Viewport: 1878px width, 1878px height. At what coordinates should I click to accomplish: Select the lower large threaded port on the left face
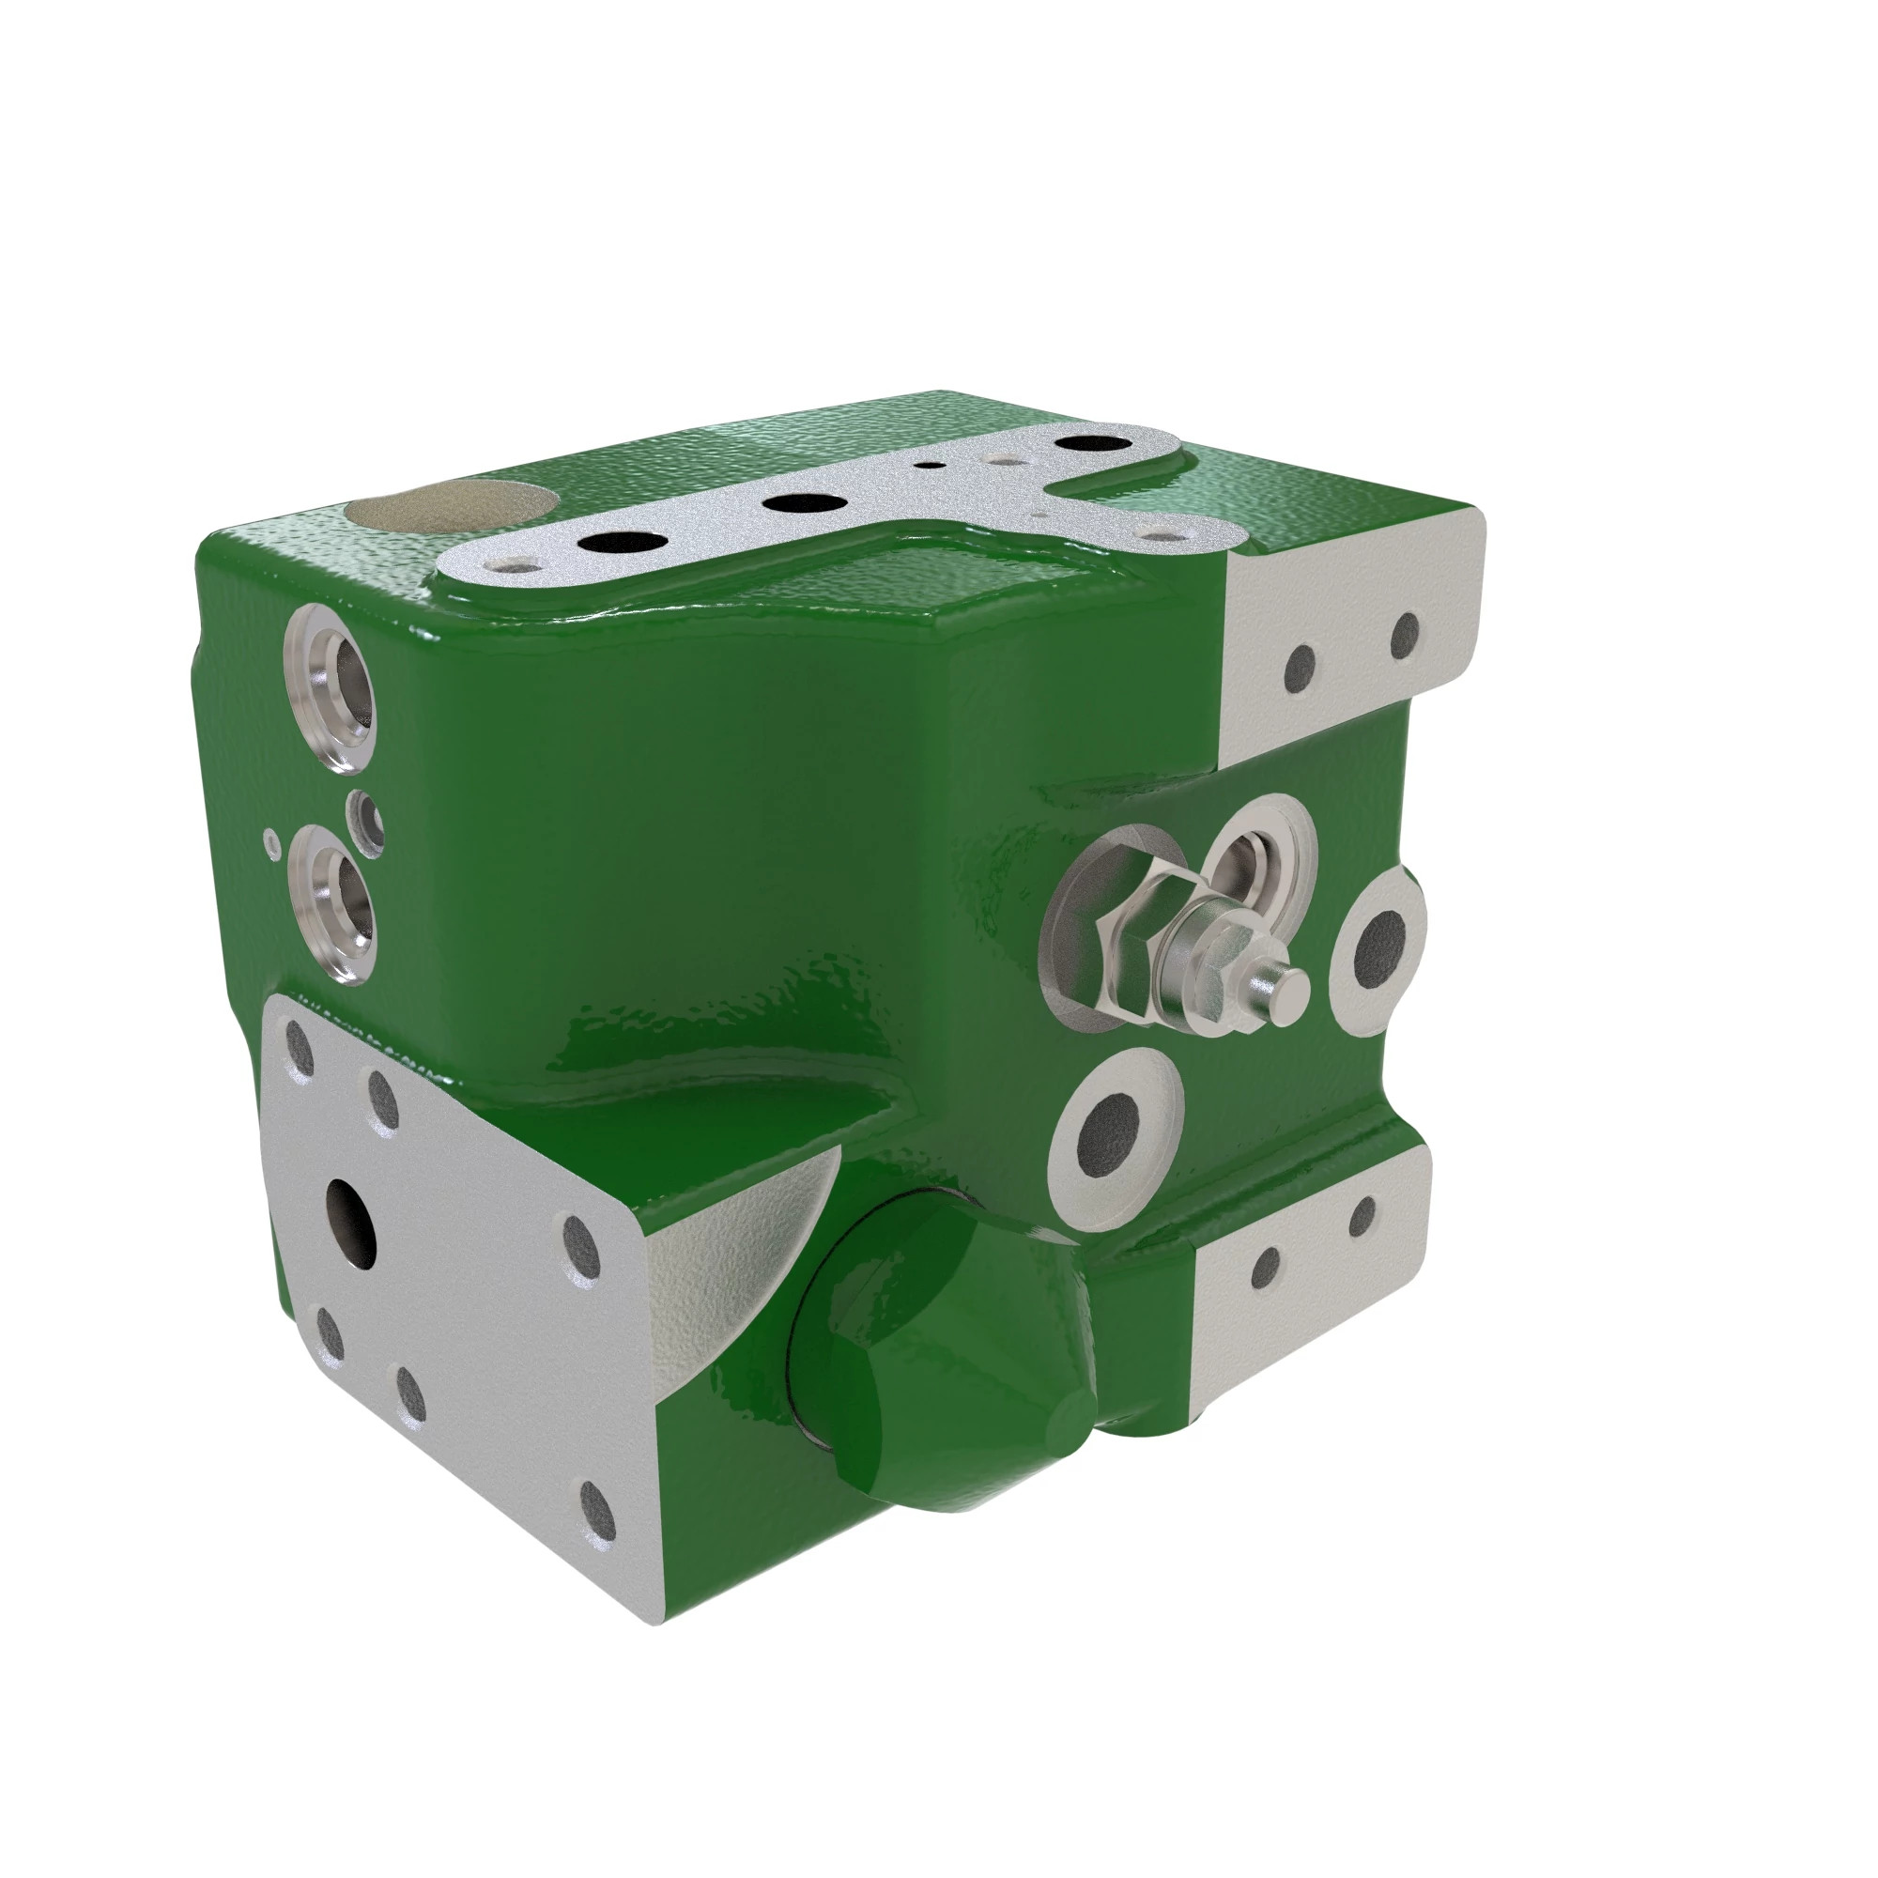point(335,902)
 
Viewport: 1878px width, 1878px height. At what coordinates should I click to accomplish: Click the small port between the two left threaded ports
point(367,822)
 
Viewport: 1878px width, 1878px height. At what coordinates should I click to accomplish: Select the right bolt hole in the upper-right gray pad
point(1405,635)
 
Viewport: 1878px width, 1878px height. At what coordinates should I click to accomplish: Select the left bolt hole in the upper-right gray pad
point(1300,666)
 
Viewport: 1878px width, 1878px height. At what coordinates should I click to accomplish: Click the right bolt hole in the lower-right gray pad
point(1362,1213)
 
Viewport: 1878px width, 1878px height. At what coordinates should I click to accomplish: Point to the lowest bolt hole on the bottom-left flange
point(597,1536)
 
